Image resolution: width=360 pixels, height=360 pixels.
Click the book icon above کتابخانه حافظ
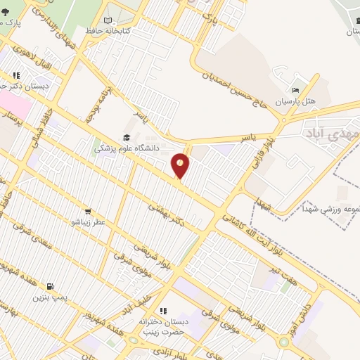tap(107, 21)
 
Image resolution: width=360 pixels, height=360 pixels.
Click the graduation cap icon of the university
tap(127, 138)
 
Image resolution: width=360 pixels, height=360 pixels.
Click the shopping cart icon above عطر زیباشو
tap(88, 211)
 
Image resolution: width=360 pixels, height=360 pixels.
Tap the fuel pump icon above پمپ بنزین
tap(49, 286)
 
